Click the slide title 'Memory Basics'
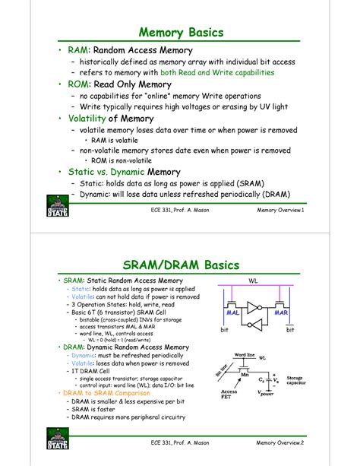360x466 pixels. point(180,33)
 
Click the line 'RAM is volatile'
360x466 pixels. point(116,141)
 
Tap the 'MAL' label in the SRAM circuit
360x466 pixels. point(234,312)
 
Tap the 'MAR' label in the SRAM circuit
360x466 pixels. point(280,312)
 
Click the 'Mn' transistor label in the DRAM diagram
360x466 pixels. point(245,375)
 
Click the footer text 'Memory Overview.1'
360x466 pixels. point(280,210)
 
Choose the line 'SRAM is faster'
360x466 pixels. point(98,409)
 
